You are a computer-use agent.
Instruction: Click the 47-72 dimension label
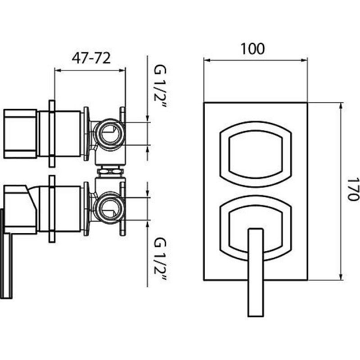[91, 58]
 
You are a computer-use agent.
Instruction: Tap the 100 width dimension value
[252, 49]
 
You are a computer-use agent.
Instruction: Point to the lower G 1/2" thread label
[160, 259]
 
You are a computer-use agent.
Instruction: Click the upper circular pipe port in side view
[109, 134]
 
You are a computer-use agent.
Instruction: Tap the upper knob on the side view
[20, 134]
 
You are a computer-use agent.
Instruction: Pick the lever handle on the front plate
[256, 273]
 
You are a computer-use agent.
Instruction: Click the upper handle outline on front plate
[256, 154]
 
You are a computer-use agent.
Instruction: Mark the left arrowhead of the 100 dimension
[207, 60]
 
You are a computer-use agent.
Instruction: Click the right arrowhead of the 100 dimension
[304, 60]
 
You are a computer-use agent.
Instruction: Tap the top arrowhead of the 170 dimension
[341, 106]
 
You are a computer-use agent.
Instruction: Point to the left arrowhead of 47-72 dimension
[58, 71]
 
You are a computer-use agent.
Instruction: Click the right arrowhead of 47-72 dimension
[122, 71]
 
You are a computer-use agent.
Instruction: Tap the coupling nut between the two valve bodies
[110, 171]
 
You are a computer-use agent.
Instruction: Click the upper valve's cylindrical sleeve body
[59, 134]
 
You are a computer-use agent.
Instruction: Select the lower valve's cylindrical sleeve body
[59, 209]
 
